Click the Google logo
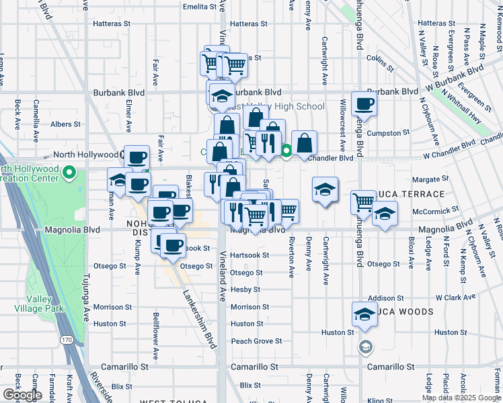22,394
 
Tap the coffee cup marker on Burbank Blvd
364,103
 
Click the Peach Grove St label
256,341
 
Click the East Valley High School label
276,107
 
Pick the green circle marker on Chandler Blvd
286,151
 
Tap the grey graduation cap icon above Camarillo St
365,347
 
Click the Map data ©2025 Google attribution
461,398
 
